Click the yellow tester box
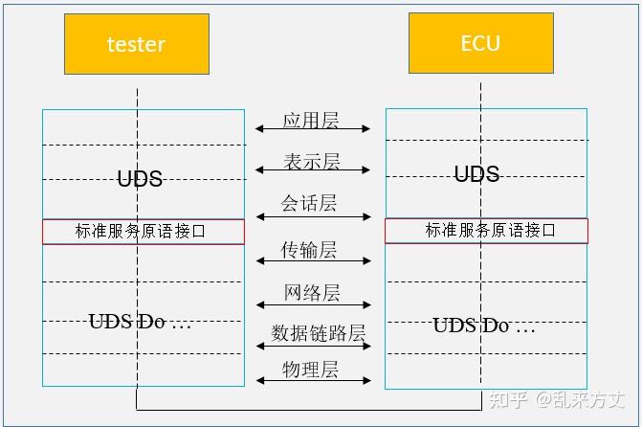pos(136,44)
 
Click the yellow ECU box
pos(480,43)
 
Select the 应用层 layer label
pos(311,120)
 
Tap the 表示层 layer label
pos(311,161)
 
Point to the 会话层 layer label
pos(309,203)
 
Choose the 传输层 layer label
pos(309,250)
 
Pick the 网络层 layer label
pos(312,292)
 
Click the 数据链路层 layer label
pos(318,333)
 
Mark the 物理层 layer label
pos(310,370)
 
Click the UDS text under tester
pos(140,179)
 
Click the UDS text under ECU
pos(476,173)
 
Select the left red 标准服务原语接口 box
pos(143,231)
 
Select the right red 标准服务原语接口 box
pos(486,231)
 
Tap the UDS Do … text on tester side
pos(140,322)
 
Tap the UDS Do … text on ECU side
pos(483,326)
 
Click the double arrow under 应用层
pos(313,129)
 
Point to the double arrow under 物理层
pos(313,381)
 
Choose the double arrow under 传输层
pos(313,261)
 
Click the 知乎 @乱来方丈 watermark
pos(557,399)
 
